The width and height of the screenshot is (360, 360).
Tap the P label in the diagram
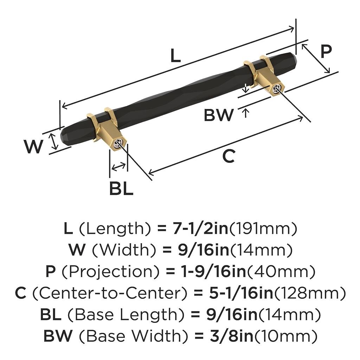pos(326,52)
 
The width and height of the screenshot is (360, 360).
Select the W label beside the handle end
pos(34,147)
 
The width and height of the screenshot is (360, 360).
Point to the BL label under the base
pos(121,189)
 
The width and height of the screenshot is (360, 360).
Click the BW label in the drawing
pos(219,115)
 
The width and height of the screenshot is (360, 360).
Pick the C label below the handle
pos(229,156)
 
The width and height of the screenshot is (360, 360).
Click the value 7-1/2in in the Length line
pos(200,229)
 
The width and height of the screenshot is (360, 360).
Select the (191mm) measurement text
pos(263,229)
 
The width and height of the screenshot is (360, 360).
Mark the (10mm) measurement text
pos(286,336)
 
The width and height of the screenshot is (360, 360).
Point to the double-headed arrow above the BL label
pos(118,166)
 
